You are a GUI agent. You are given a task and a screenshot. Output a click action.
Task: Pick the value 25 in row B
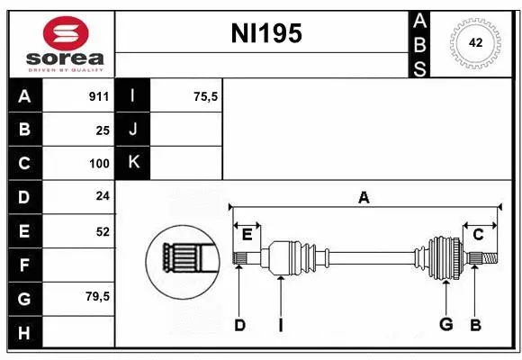click(102, 130)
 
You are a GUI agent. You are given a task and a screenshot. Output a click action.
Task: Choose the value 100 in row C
click(98, 164)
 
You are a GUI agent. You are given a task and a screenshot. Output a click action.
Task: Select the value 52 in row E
click(102, 231)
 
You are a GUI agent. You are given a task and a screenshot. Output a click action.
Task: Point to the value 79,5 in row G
click(96, 296)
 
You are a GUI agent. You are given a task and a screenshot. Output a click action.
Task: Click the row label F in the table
click(24, 265)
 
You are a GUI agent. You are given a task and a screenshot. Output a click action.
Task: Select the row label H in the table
click(24, 332)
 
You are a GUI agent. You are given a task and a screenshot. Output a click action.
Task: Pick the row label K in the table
click(133, 163)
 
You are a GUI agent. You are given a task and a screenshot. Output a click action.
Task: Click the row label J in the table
click(133, 130)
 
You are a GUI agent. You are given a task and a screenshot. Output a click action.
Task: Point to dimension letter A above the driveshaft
click(364, 198)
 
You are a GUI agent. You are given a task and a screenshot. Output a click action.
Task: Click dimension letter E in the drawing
click(247, 235)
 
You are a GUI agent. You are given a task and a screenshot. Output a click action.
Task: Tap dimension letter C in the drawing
click(479, 234)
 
